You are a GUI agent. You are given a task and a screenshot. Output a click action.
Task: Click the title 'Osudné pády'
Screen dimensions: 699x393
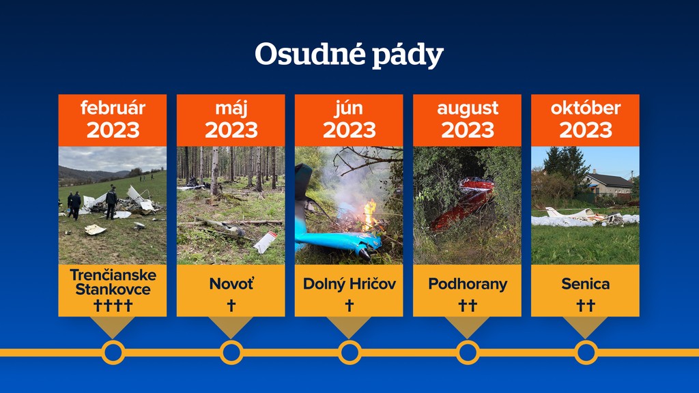(349, 55)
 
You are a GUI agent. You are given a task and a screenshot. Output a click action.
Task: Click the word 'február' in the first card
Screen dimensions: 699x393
(113, 108)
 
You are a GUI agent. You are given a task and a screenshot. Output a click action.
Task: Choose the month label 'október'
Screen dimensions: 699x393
(585, 108)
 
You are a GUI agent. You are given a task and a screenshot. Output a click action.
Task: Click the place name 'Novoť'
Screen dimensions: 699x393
(231, 284)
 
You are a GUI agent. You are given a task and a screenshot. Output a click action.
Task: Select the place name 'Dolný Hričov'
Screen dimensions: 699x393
(349, 284)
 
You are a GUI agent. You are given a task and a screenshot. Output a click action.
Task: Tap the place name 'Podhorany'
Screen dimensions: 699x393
(468, 285)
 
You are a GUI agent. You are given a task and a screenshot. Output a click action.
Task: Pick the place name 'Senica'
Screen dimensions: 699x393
(585, 284)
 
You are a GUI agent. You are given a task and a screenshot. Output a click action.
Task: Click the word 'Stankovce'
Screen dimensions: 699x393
(113, 289)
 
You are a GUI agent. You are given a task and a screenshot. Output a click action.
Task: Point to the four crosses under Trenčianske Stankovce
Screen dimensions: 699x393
(113, 305)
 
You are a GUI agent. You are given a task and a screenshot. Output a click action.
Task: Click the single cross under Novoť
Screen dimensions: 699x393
(231, 305)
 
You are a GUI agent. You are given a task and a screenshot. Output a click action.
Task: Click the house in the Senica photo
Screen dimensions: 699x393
(608, 184)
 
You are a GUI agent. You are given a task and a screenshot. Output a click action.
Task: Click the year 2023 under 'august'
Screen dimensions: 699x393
(468, 130)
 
